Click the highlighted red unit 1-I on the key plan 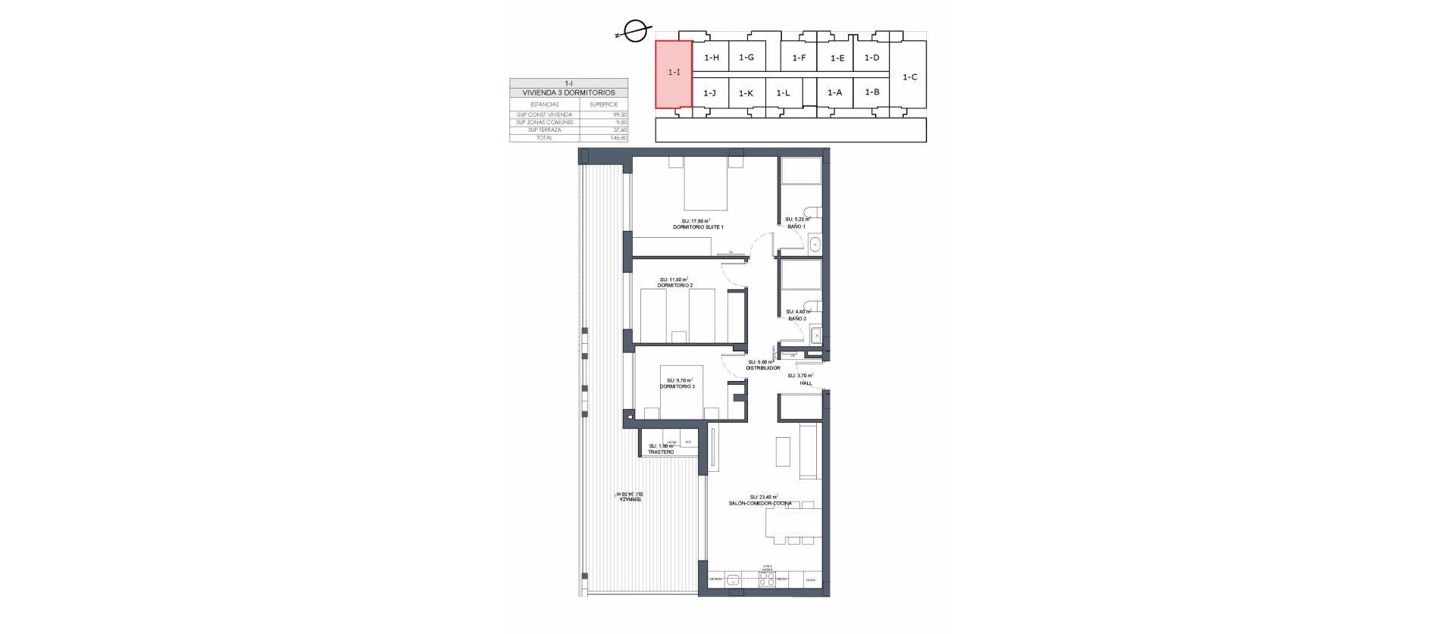[x=674, y=73]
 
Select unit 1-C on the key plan [x=909, y=77]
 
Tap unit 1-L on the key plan [x=783, y=93]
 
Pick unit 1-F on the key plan [x=799, y=58]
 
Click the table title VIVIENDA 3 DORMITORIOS [x=568, y=92]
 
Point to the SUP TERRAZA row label [x=545, y=130]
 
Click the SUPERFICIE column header [x=604, y=104]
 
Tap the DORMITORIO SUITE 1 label [x=698, y=227]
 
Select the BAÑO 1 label [x=796, y=226]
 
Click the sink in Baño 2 [x=816, y=335]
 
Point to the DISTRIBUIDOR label [x=763, y=368]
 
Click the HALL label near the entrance [x=806, y=383]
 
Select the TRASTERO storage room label [x=661, y=452]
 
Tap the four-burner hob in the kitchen [x=768, y=581]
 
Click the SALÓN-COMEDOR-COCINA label [x=762, y=503]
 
